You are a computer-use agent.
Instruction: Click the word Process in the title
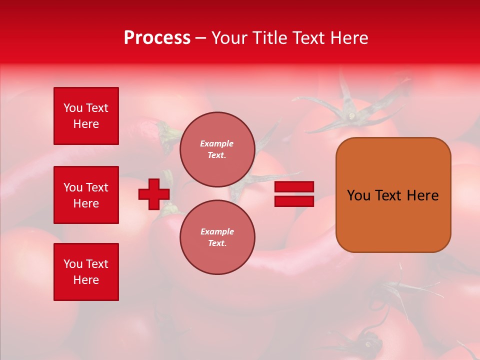(157, 38)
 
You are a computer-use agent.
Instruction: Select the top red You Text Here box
(86, 116)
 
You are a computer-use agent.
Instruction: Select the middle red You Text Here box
(86, 195)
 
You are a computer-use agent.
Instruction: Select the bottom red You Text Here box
(86, 272)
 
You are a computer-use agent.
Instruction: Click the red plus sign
(154, 194)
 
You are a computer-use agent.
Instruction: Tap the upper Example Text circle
(217, 149)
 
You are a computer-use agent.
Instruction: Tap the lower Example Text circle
(217, 237)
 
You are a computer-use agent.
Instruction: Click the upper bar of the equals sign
(294, 187)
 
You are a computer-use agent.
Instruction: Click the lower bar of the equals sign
(294, 201)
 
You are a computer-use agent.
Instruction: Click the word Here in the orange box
(422, 195)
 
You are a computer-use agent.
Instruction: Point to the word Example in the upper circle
(217, 143)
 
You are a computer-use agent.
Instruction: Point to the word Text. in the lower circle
(217, 243)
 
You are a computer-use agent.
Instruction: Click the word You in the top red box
(73, 108)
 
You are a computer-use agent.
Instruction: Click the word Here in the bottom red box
(86, 280)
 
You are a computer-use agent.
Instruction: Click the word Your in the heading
(231, 38)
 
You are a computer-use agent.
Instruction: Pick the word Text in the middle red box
(96, 187)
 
